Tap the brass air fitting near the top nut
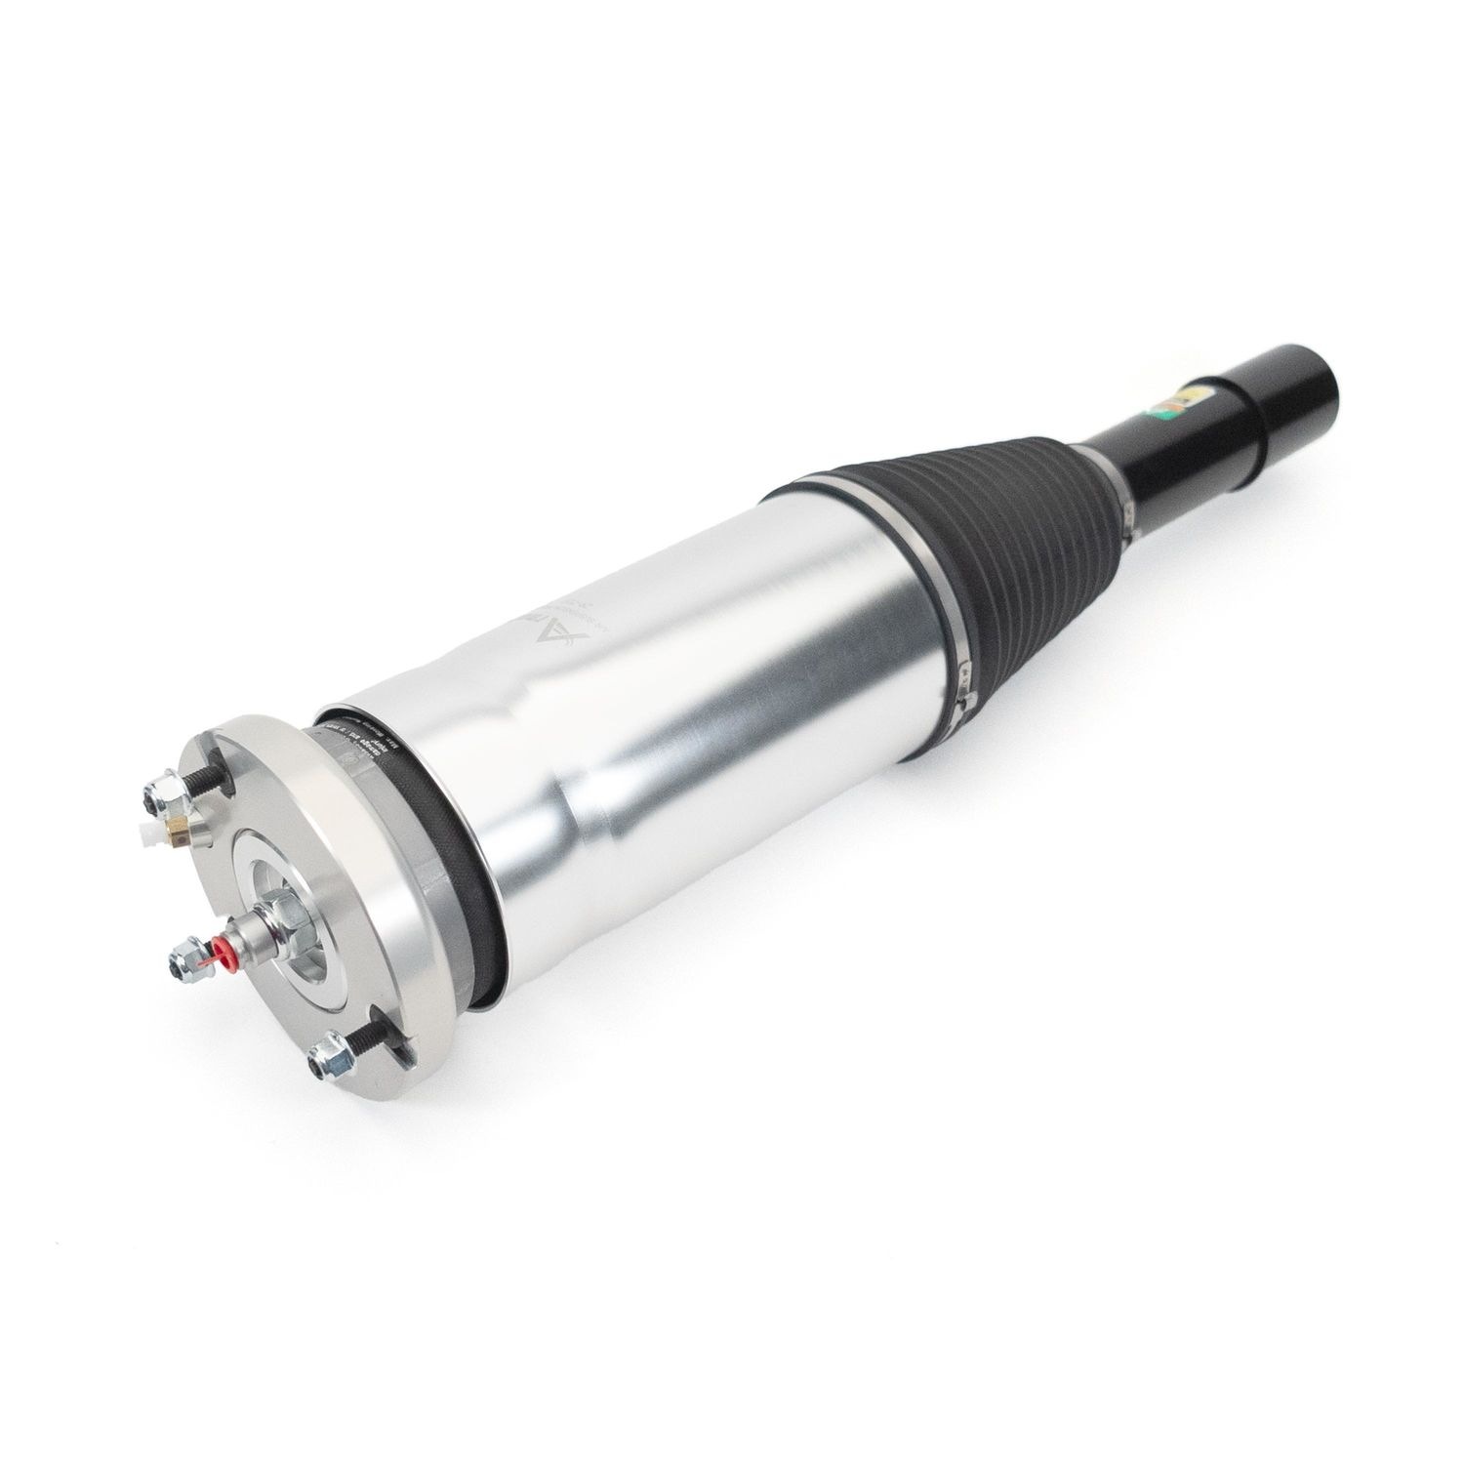178,829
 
